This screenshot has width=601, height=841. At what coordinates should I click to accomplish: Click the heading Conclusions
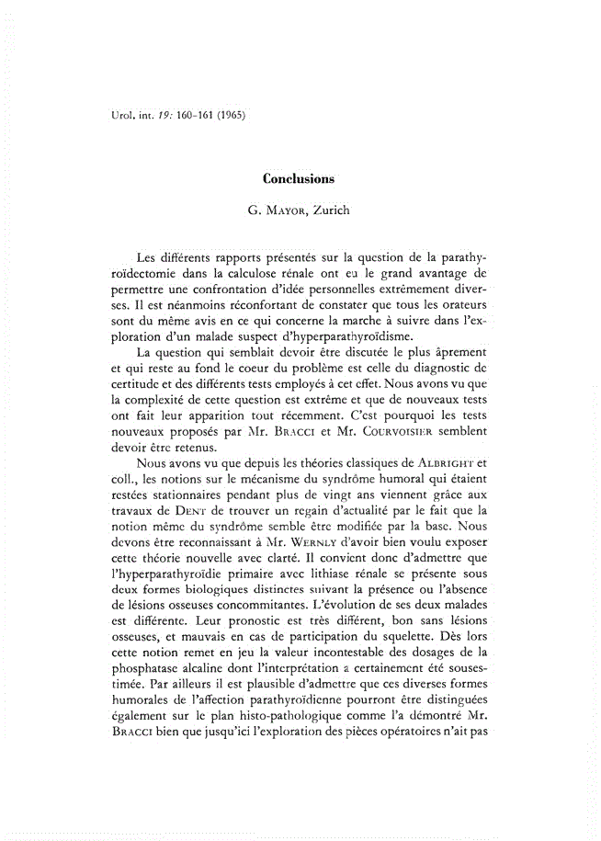pos(299,178)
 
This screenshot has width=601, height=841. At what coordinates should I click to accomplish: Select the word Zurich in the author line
pos(333,210)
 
